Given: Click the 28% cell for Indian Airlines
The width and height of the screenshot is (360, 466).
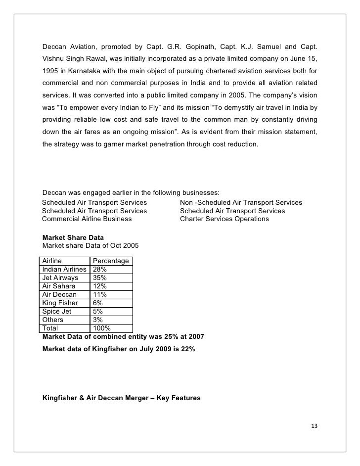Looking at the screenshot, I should [100, 269].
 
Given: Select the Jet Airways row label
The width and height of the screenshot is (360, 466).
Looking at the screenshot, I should [60, 278].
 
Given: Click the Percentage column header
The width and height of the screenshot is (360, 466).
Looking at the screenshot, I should [111, 261].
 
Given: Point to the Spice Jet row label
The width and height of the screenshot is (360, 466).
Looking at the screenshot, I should [57, 311].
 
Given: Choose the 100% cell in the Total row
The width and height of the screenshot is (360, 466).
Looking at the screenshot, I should [102, 328].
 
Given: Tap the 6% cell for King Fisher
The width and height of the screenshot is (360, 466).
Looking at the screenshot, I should [98, 303].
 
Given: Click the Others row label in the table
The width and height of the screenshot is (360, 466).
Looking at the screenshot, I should [53, 320].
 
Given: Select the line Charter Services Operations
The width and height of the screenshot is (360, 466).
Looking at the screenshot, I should [225, 219].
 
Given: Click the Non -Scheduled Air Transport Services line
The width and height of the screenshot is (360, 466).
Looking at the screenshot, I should [241, 203].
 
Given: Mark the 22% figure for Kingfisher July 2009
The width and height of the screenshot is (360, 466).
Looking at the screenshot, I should [188, 349].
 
